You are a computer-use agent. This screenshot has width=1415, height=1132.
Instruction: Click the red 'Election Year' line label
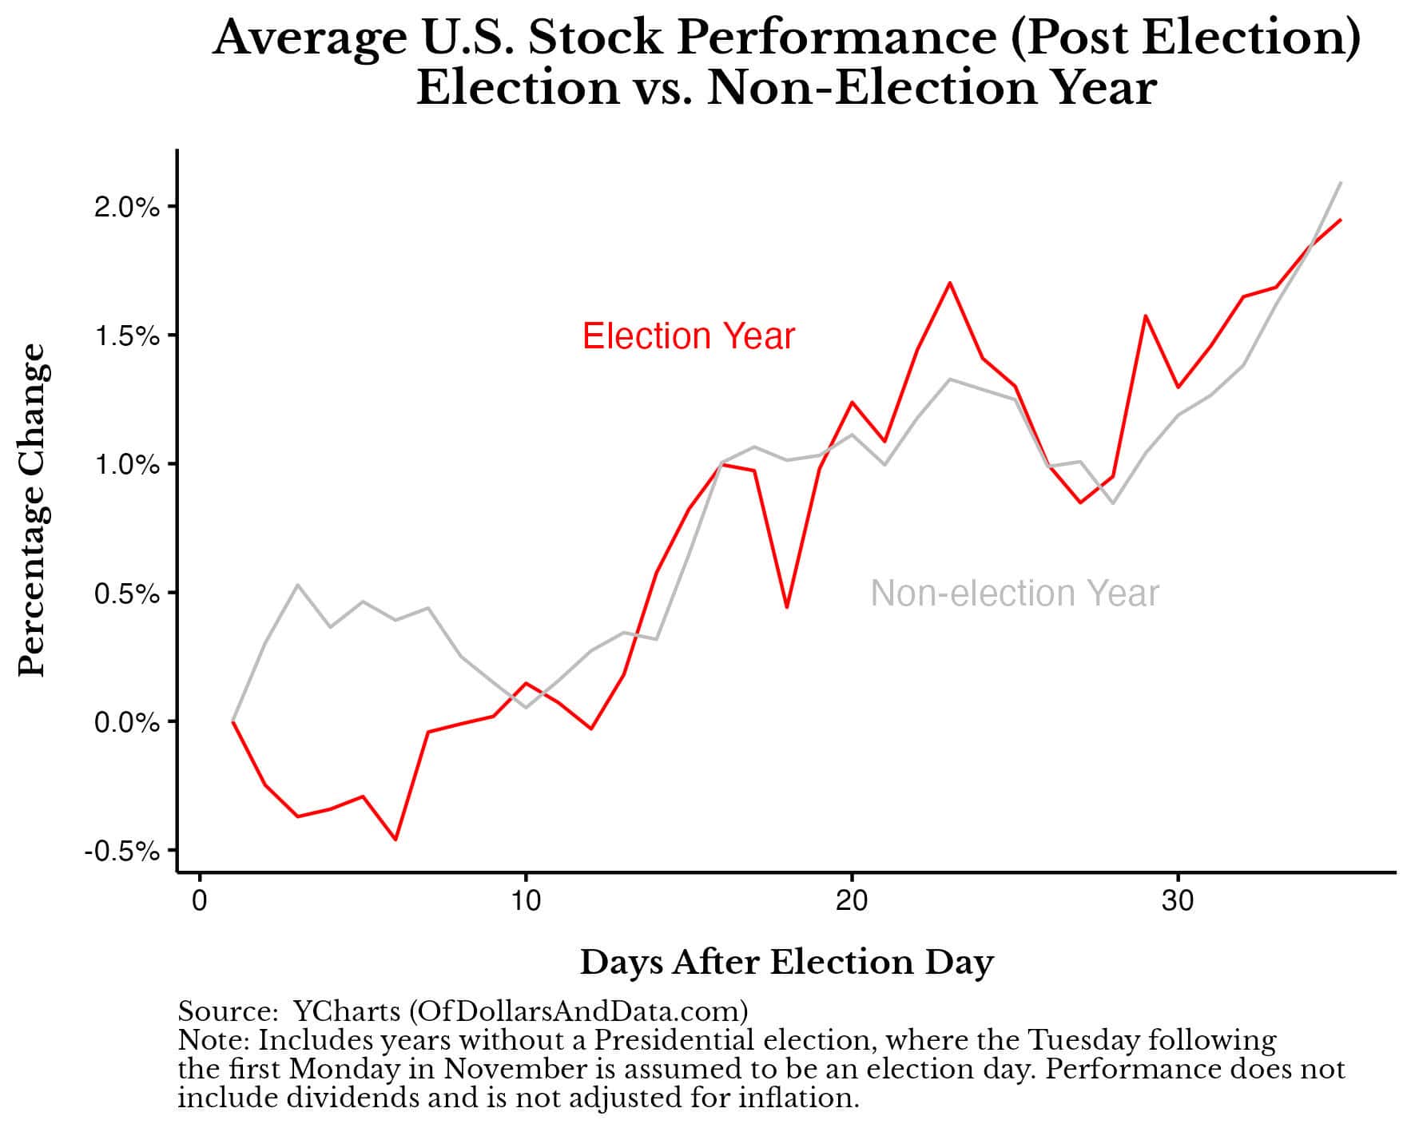tap(688, 336)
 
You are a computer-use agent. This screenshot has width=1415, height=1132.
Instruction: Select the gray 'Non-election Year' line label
tap(1014, 594)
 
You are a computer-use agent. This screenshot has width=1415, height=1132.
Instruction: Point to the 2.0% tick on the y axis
tap(128, 208)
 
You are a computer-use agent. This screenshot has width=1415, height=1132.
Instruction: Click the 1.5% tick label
tap(128, 336)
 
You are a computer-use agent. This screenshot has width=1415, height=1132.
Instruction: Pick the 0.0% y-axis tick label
tap(128, 723)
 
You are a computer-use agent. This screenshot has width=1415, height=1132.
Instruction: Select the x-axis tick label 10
tap(525, 901)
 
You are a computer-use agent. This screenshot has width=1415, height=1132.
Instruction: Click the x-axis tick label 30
tap(1177, 901)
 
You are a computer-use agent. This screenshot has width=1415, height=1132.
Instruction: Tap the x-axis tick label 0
tap(200, 901)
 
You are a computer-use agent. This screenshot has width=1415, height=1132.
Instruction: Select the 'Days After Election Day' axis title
tap(786, 963)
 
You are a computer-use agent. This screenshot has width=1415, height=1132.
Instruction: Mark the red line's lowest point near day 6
tap(395, 839)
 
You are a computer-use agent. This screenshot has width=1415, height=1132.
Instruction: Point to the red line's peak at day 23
tap(949, 283)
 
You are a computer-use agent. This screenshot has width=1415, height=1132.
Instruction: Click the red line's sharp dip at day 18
tap(787, 607)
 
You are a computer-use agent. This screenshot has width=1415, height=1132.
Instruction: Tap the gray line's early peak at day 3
tap(298, 585)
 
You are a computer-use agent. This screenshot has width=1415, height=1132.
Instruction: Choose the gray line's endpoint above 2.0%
tap(1340, 183)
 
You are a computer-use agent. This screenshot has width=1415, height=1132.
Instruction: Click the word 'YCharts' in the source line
tap(347, 1012)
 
